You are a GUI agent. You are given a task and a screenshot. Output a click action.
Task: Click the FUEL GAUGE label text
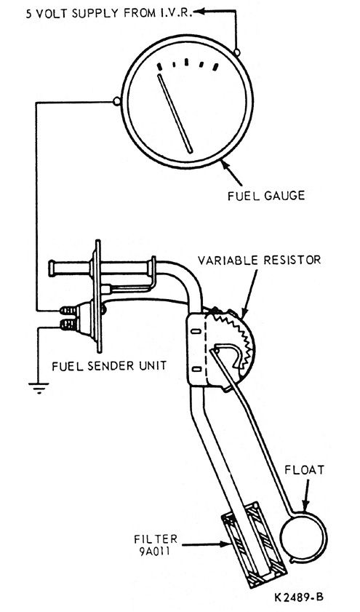coord(266,195)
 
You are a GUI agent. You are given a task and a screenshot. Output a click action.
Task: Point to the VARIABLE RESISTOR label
coord(259,260)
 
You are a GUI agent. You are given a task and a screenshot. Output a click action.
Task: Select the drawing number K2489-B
coord(299,597)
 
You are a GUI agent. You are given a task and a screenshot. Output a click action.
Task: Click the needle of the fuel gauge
coord(175,114)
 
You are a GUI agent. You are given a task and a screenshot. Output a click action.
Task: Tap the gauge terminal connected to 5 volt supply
coord(236,52)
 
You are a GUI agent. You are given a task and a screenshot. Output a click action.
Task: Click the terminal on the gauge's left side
coord(116,102)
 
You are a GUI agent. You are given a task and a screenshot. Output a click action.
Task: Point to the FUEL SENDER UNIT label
coord(109,366)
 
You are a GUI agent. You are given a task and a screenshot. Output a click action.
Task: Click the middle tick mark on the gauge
coord(186,62)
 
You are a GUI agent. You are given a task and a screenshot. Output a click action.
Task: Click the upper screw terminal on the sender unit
coord(69,311)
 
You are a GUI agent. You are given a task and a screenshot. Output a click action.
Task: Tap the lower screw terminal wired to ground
coord(69,324)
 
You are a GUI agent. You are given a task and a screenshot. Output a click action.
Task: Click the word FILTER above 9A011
coord(156,539)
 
